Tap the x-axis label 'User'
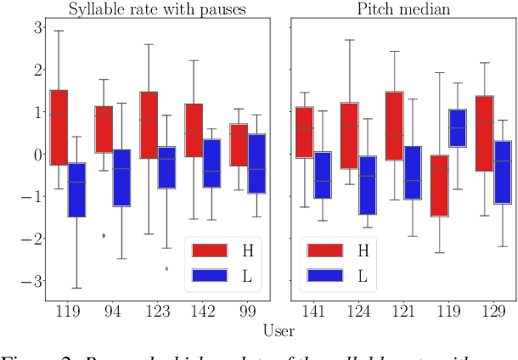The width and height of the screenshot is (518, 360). (x=279, y=331)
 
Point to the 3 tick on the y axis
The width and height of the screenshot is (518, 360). (x=38, y=26)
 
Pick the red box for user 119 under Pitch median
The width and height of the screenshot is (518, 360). (x=439, y=186)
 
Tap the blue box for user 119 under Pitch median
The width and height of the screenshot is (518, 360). (x=457, y=128)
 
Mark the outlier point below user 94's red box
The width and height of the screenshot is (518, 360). (x=104, y=235)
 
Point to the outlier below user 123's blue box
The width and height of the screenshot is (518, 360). (x=166, y=268)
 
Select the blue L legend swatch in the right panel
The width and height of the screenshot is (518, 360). (x=322, y=275)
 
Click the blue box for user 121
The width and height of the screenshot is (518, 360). (x=412, y=172)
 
